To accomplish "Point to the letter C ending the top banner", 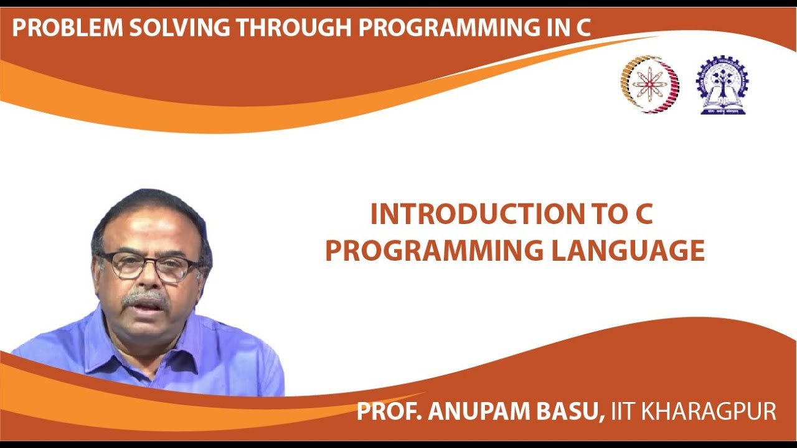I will pos(582,27).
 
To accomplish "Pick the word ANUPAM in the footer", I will pos(476,411).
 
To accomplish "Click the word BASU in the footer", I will pos(569,411).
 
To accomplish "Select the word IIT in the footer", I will pos(624,411).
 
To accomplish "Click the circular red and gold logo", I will pos(649,84).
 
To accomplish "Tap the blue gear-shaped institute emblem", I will pos(722,85).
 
